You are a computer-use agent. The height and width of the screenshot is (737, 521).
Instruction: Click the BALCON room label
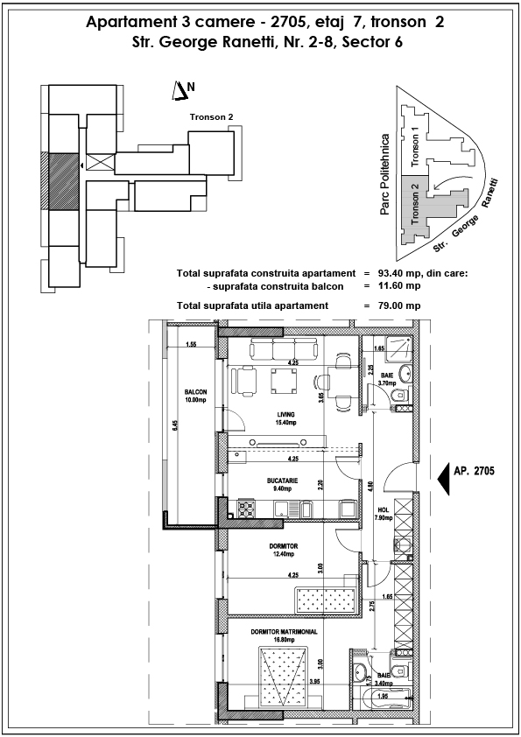pyautogui.click(x=195, y=391)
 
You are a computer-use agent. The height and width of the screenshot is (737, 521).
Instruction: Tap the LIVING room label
pyautogui.click(x=285, y=414)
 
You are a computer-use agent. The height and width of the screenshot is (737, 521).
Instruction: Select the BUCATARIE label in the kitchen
pyautogui.click(x=282, y=481)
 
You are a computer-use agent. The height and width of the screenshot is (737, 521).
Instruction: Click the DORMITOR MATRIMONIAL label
pyautogui.click(x=284, y=632)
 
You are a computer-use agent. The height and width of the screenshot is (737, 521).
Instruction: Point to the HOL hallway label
pyautogui.click(x=384, y=510)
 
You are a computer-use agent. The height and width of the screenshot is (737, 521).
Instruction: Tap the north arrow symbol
pyautogui.click(x=180, y=91)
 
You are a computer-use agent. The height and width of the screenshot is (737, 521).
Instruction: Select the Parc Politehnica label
pyautogui.click(x=384, y=175)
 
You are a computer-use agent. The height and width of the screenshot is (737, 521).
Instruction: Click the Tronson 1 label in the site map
pyautogui.click(x=414, y=147)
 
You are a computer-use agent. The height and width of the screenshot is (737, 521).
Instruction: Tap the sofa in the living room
pyautogui.click(x=284, y=348)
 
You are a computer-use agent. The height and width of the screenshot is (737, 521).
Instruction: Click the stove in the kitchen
pyautogui.click(x=247, y=509)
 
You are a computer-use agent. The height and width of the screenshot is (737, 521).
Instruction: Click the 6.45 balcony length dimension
pyautogui.click(x=174, y=425)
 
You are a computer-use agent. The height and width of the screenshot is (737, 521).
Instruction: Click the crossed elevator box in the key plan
pyautogui.click(x=100, y=163)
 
